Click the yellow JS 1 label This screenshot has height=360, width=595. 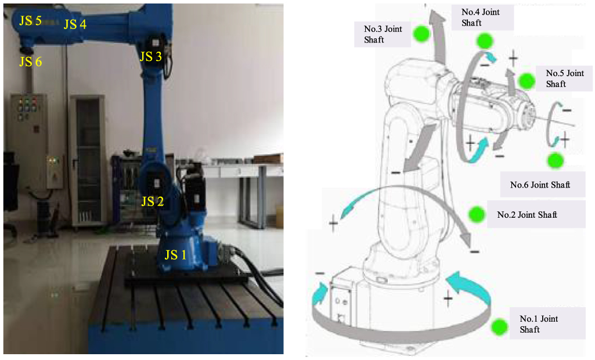pos(175,254)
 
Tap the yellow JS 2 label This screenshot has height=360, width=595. pos(153,201)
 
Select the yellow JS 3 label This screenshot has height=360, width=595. pos(151,57)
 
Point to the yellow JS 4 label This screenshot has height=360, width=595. pos(75,24)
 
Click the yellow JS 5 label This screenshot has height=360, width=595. pos(30,21)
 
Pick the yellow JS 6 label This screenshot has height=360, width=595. pos(30,62)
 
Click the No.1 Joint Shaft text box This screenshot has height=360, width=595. pos(538,324)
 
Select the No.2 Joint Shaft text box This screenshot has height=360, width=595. pos(527,215)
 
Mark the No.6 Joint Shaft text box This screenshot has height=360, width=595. pos(540,185)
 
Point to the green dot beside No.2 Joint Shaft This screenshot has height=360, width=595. pos(477,214)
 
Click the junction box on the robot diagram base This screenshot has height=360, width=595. pos(340,303)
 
